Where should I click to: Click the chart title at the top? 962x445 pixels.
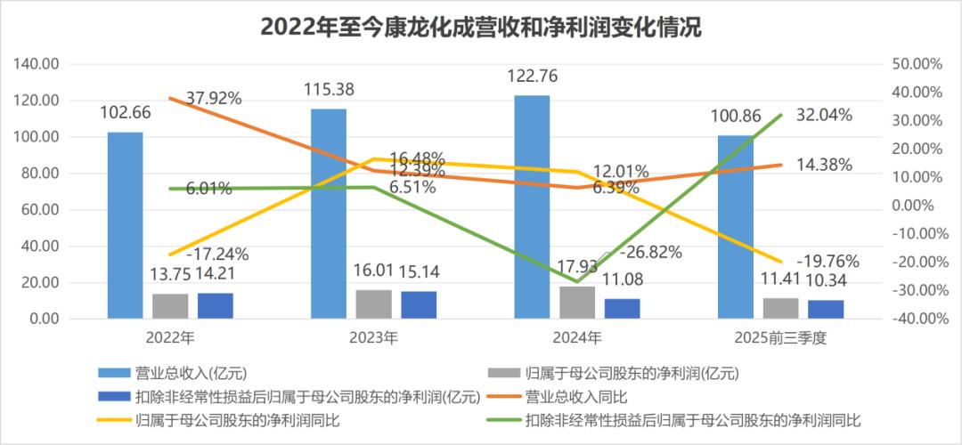tap(480, 28)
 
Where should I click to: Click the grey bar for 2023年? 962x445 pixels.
tap(373, 303)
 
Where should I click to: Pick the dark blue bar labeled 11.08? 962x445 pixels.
tap(622, 308)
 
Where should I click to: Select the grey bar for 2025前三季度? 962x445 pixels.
tap(780, 308)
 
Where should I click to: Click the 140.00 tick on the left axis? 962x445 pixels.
tap(37, 64)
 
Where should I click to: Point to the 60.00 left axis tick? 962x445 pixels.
tap(40, 210)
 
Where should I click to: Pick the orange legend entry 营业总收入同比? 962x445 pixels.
tap(570, 396)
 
